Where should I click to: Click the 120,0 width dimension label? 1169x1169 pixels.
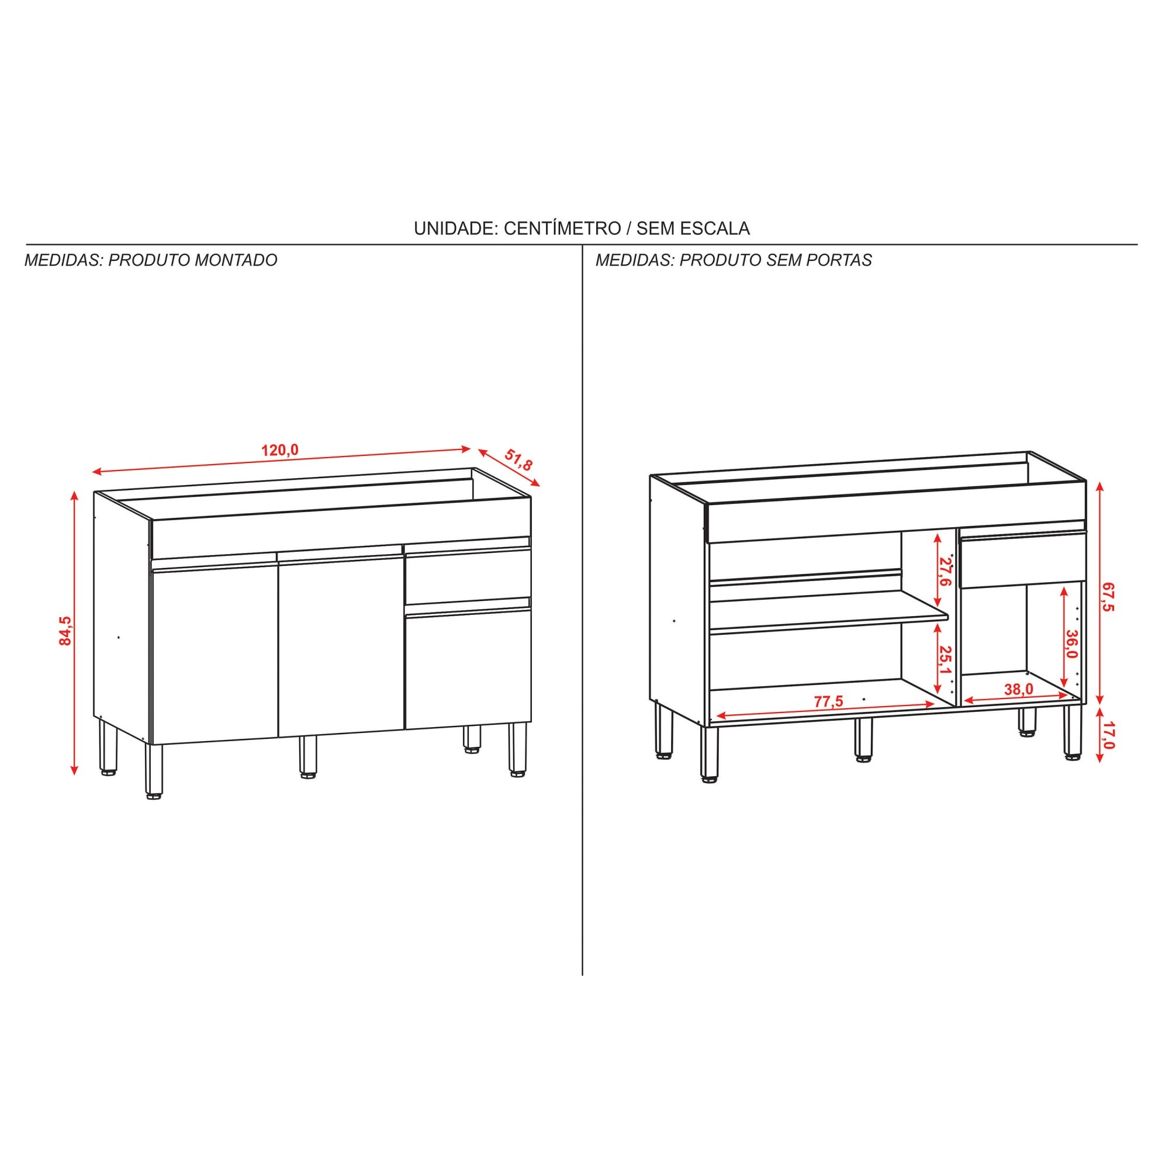click(x=279, y=450)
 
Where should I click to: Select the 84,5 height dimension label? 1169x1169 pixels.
click(x=65, y=631)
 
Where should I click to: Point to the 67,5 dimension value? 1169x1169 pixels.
click(x=1107, y=597)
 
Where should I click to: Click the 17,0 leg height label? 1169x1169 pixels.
click(x=1107, y=736)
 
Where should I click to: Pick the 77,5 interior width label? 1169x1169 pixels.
click(x=828, y=701)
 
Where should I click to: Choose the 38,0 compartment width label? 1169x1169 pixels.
click(x=1018, y=689)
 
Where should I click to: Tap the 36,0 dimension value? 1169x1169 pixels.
click(x=1071, y=644)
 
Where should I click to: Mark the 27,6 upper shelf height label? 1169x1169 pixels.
click(x=945, y=572)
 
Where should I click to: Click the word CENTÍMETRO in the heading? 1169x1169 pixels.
click(x=562, y=228)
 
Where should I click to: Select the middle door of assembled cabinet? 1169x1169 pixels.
click(x=341, y=645)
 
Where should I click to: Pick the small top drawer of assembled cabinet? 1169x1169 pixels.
click(x=468, y=575)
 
